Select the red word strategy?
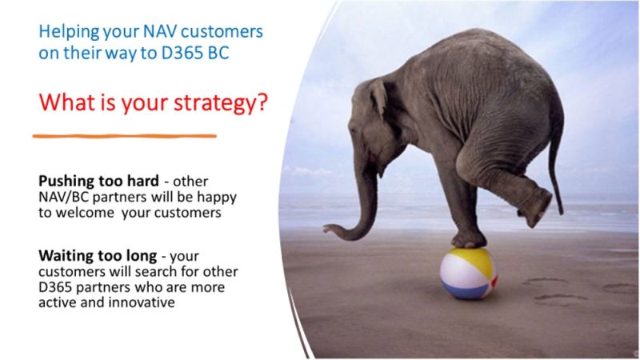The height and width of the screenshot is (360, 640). click(221, 102)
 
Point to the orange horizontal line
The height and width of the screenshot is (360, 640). click(125, 136)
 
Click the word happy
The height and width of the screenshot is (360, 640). click(217, 198)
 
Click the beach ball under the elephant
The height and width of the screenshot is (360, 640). click(469, 273)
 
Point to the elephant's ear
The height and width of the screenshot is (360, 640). click(377, 97)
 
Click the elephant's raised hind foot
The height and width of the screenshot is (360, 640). click(537, 210)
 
